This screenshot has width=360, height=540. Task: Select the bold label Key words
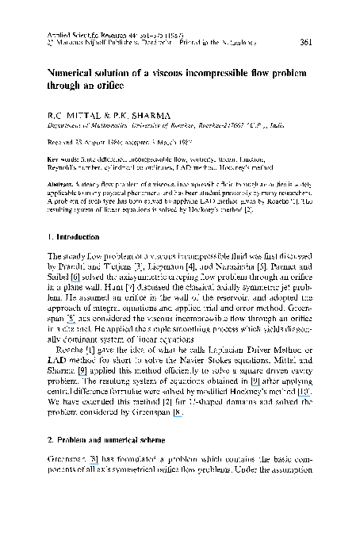[63, 159]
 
